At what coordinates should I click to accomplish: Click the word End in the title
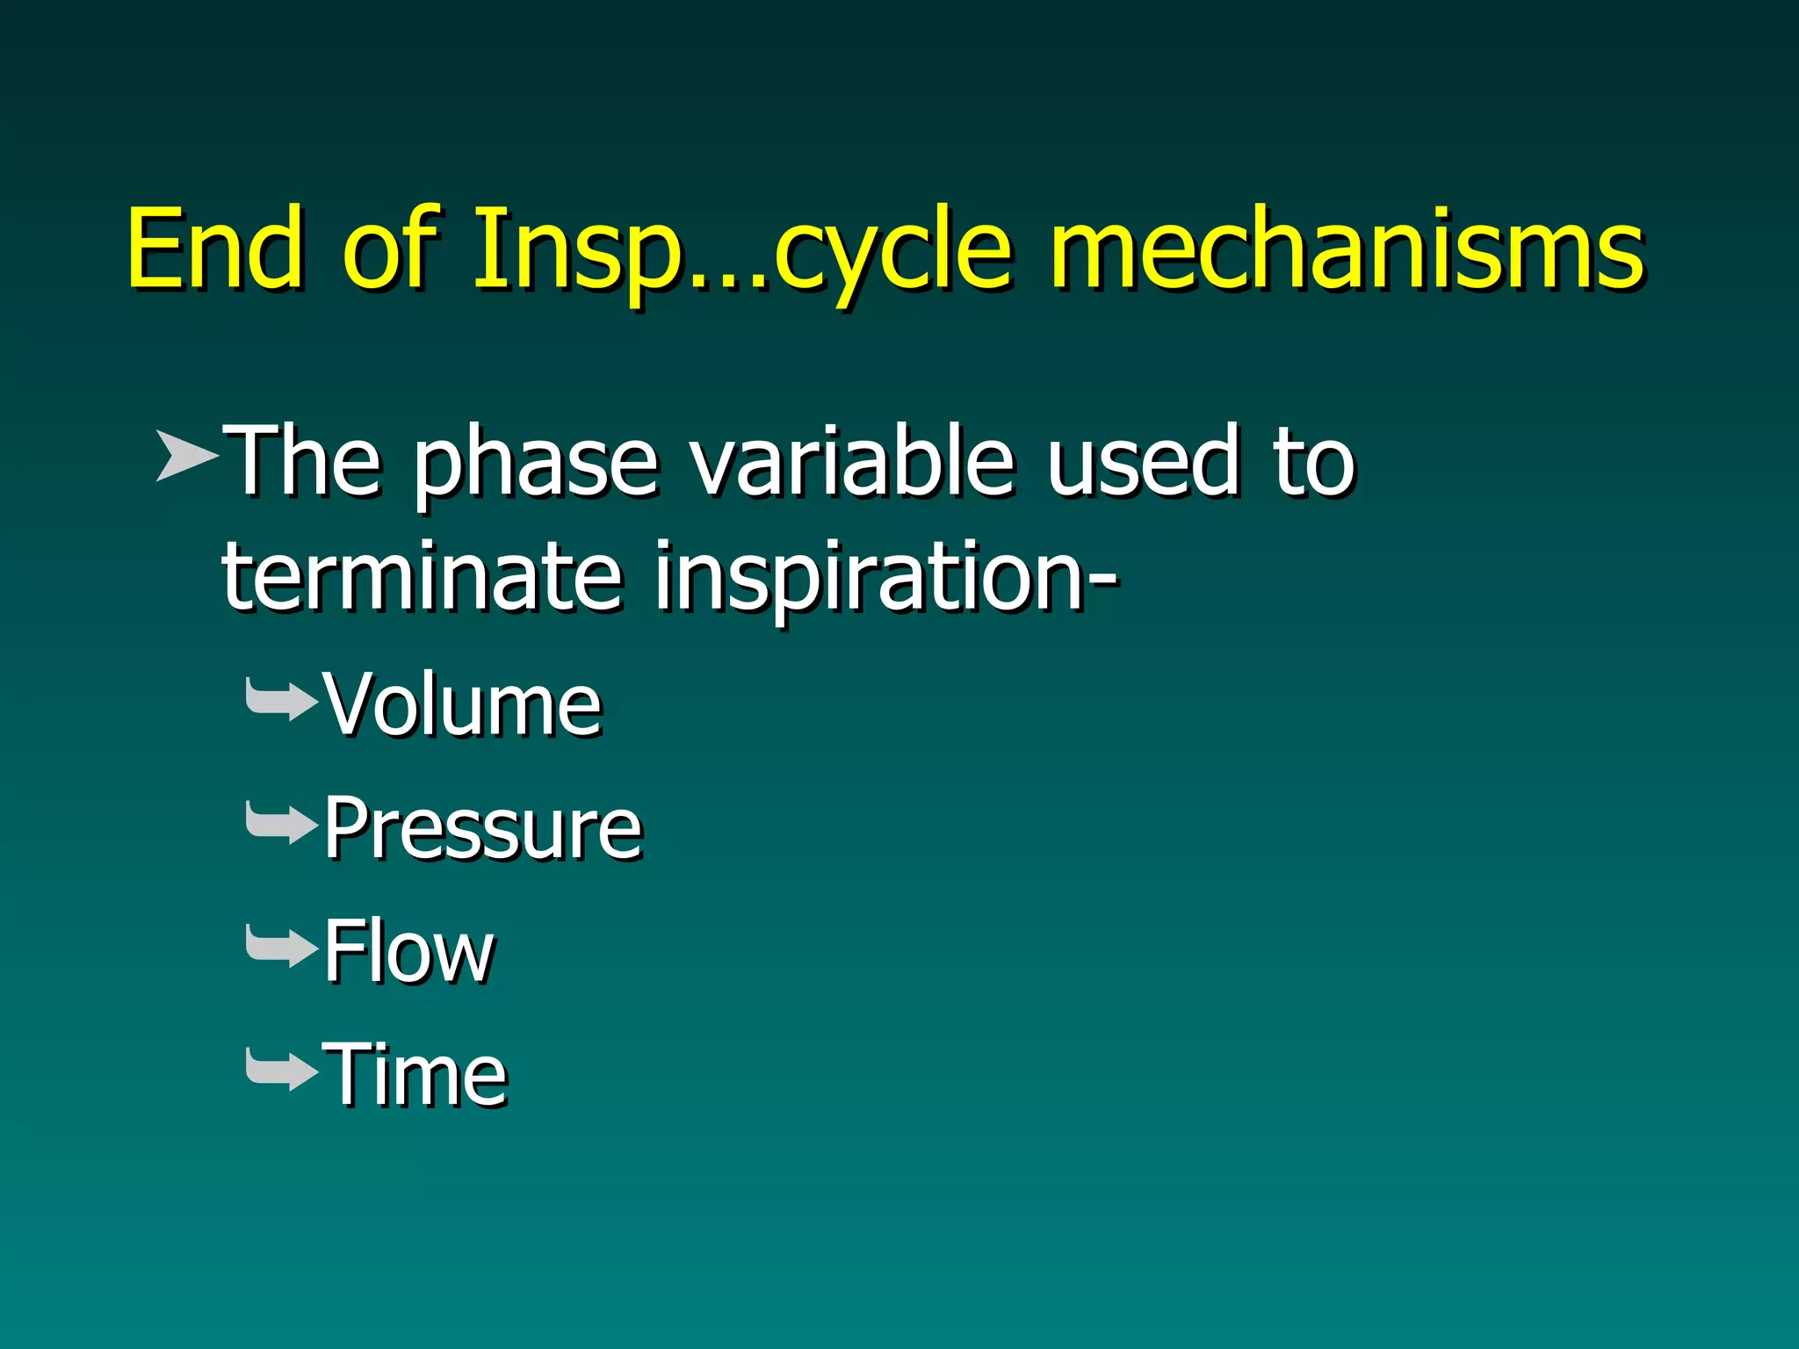(x=216, y=250)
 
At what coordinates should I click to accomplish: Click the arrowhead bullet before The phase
(x=186, y=456)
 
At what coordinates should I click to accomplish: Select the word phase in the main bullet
(x=535, y=465)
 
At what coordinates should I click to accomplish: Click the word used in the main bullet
(x=1143, y=461)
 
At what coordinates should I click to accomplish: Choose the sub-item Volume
(x=462, y=704)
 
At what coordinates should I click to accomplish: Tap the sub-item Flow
(x=408, y=951)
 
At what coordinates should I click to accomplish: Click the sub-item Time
(x=415, y=1074)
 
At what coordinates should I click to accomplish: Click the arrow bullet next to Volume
(x=281, y=701)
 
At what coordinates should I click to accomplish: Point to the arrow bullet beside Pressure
(x=281, y=824)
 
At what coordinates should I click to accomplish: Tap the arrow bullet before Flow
(x=281, y=947)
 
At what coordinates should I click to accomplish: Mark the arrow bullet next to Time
(x=281, y=1070)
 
